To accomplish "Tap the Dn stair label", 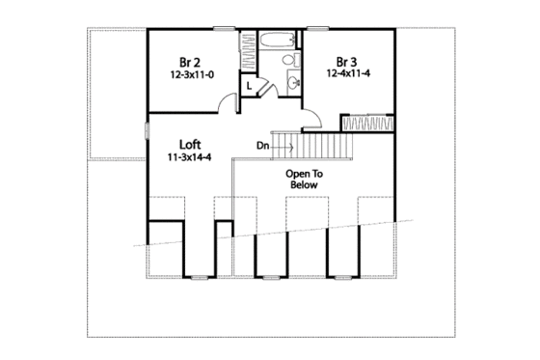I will pyautogui.click(x=262, y=147).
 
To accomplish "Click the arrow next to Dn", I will pyautogui.click(x=283, y=147).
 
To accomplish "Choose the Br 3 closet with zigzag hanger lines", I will pyautogui.click(x=369, y=125).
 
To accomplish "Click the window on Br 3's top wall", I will pyautogui.click(x=352, y=29).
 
